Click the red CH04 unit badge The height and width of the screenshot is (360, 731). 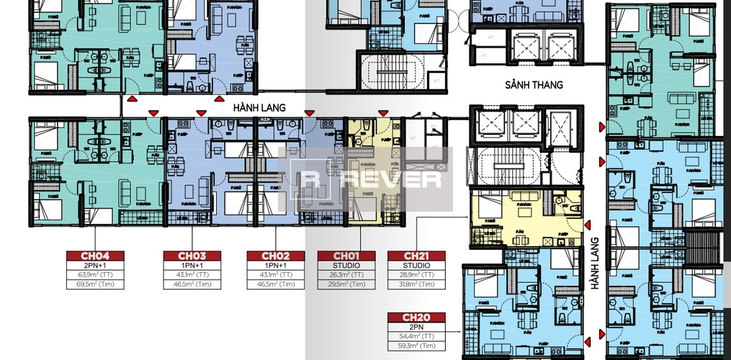click(95, 256)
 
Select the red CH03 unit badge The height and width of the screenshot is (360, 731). click(193, 256)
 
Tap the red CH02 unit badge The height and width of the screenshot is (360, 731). click(275, 256)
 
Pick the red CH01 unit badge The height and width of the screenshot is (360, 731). click(346, 256)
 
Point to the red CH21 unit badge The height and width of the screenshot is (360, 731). click(416, 256)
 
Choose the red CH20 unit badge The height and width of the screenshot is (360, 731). click(416, 317)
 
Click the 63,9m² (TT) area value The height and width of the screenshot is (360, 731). click(95, 275)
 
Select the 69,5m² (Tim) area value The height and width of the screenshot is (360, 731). click(95, 284)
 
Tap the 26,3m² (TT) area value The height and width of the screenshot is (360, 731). click(346, 275)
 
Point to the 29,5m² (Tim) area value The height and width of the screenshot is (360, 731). click(346, 284)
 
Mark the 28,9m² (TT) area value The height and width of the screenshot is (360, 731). click(416, 275)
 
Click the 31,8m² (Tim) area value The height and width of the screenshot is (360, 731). click(416, 284)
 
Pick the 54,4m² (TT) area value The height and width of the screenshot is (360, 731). click(416, 336)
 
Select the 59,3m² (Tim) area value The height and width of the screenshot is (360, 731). click(416, 346)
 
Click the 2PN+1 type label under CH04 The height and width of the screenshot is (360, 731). click(95, 266)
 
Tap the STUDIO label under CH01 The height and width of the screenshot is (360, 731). click(346, 266)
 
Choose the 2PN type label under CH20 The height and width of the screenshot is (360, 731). click(416, 327)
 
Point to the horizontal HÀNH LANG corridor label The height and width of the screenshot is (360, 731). click(259, 107)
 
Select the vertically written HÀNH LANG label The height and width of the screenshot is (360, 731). click(596, 264)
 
